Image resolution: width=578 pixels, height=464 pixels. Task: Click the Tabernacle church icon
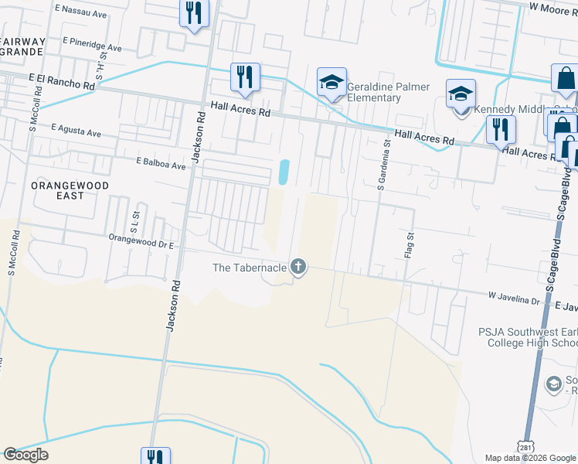point(298,268)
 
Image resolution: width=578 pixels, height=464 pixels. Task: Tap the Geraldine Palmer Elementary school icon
point(331,83)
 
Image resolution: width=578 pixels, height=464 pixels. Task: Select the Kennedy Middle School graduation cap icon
point(461,94)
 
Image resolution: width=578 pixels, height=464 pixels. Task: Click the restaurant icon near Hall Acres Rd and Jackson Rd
point(245,77)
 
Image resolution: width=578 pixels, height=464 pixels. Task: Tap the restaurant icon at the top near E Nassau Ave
point(193,13)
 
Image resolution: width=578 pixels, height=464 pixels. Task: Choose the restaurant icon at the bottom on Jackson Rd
point(155,456)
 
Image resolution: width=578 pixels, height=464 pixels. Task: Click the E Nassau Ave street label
point(81,14)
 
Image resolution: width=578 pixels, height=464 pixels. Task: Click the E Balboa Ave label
point(161,165)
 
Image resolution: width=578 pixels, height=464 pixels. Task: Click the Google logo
point(25,455)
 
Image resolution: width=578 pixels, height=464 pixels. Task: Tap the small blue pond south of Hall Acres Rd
point(284,171)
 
